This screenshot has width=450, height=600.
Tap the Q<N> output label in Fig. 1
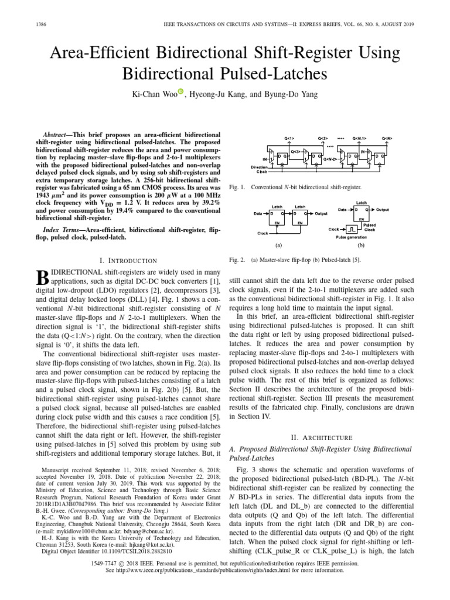[387, 139]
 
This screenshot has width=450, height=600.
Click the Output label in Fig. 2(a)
[321, 214]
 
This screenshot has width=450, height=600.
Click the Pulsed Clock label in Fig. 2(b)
[370, 227]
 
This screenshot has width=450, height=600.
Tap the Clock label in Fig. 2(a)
[263, 233]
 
